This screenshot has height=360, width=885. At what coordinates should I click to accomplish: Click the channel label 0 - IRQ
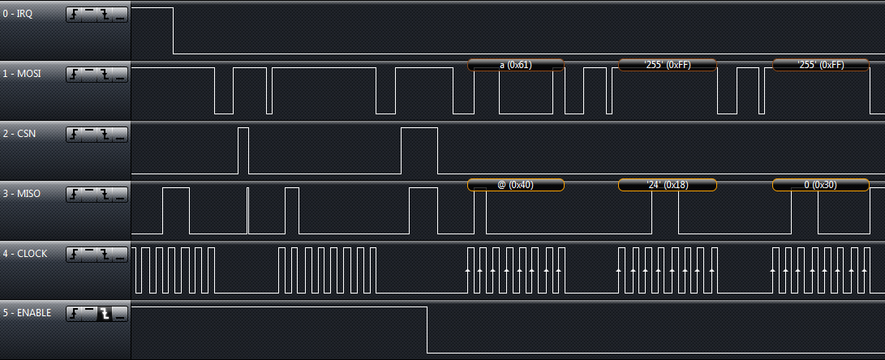tap(18, 14)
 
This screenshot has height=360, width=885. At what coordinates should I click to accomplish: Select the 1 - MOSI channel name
tap(21, 74)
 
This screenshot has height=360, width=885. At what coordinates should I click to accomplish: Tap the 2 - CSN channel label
tap(19, 134)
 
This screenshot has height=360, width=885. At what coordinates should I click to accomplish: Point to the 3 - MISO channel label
tap(21, 194)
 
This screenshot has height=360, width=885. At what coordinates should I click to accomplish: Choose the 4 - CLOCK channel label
tap(24, 254)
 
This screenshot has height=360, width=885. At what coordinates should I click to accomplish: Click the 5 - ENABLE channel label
tap(27, 313)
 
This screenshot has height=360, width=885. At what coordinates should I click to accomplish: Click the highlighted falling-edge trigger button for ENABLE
tap(105, 314)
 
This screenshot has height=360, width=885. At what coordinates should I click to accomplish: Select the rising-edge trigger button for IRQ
tap(74, 15)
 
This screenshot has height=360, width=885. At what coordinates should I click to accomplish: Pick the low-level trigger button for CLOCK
tap(119, 255)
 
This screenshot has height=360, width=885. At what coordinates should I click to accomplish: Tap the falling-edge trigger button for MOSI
tap(105, 75)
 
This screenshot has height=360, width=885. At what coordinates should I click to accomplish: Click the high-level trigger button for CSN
tap(89, 135)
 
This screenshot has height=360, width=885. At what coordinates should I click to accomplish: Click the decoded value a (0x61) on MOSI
tap(515, 65)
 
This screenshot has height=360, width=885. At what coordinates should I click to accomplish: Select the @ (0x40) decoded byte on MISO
tap(515, 185)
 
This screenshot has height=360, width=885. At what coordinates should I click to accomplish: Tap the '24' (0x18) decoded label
tap(667, 185)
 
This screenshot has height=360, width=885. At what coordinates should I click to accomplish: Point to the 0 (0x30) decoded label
tap(820, 185)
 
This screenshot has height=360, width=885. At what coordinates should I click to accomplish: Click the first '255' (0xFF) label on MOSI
tap(667, 65)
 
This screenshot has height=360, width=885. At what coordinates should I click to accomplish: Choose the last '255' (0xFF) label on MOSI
tap(820, 65)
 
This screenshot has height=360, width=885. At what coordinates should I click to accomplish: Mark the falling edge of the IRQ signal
tap(174, 31)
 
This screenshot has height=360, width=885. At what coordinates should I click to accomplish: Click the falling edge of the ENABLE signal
tap(427, 330)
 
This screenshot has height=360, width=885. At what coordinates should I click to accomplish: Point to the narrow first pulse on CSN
tap(243, 150)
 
